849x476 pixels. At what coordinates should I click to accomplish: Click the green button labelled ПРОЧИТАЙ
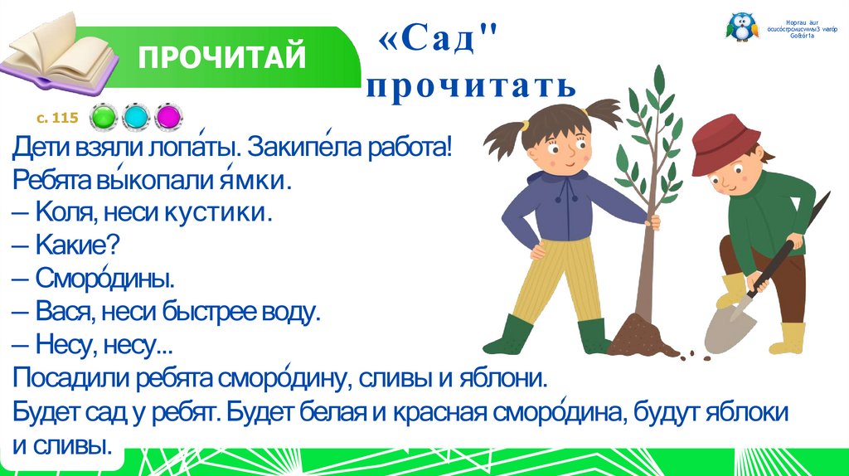point(222,58)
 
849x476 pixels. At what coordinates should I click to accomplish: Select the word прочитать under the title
point(470,85)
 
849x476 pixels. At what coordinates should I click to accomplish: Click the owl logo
point(740,27)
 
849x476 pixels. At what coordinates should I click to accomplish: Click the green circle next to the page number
point(104,117)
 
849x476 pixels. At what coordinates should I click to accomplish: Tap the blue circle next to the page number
point(135,117)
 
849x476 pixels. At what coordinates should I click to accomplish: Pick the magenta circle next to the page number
point(168,117)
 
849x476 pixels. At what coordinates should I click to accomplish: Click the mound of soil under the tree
point(639,336)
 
